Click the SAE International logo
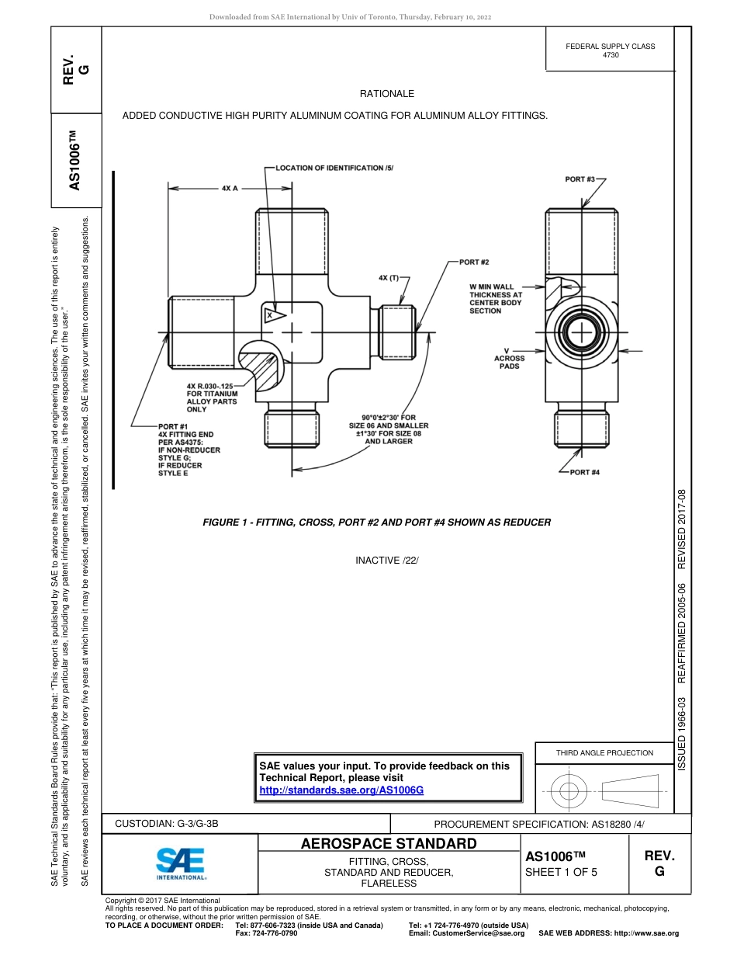tap(181, 863)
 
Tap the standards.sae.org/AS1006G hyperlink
tap(341, 790)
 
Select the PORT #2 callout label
tap(474, 262)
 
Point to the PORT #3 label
tap(580, 179)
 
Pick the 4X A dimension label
tap(230, 188)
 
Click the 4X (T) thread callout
tap(388, 277)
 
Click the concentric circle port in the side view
tap(581, 333)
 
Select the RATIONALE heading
tap(387, 94)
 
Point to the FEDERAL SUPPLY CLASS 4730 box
tap(610, 50)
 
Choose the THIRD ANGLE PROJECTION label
tap(604, 752)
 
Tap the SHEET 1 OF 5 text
tap(562, 872)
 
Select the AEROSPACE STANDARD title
tap(389, 844)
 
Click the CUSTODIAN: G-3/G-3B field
tap(172, 824)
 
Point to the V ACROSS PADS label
tap(509, 358)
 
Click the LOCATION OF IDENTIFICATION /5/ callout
tap(335, 168)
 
